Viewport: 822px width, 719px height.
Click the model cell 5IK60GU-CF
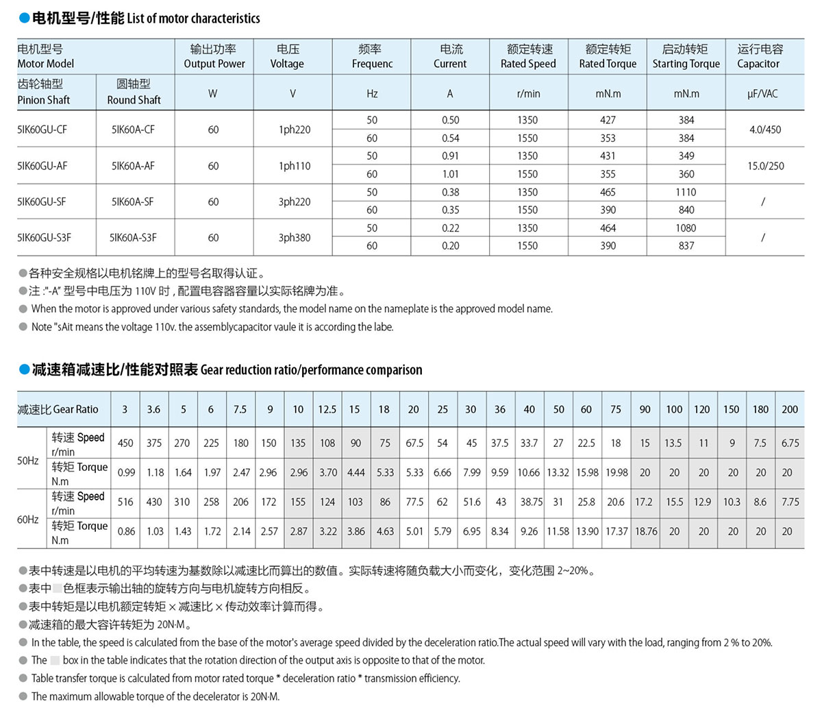tap(42, 129)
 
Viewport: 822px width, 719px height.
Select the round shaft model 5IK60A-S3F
tap(133, 237)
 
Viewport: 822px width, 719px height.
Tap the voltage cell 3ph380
tap(294, 238)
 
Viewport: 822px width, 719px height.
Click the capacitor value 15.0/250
tap(765, 166)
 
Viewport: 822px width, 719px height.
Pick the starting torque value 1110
tap(686, 193)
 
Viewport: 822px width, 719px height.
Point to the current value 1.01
tap(450, 174)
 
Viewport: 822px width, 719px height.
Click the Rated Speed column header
tap(528, 56)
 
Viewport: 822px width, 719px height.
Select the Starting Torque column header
tap(686, 56)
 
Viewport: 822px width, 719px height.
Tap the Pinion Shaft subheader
tap(44, 92)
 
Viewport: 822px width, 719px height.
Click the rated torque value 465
tap(608, 193)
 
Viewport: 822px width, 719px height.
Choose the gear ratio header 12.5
tap(327, 409)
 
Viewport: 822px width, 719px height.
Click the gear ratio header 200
tap(789, 409)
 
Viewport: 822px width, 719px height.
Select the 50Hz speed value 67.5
tap(414, 443)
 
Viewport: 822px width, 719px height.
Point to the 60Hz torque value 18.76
tap(645, 531)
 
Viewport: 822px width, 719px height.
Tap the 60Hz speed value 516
tap(125, 502)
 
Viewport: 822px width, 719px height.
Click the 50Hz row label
tap(28, 461)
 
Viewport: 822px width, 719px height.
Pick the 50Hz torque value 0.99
tap(126, 473)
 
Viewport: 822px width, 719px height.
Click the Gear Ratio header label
tap(58, 409)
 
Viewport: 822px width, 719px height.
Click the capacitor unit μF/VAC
tap(762, 93)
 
